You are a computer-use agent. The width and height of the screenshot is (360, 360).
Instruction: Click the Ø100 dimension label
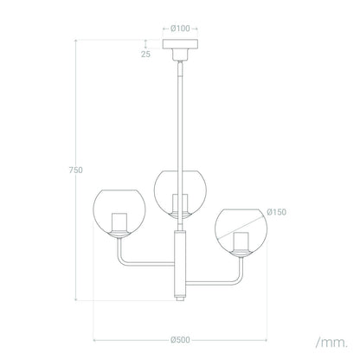tap(180, 29)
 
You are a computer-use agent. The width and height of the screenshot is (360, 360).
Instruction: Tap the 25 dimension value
tap(145, 54)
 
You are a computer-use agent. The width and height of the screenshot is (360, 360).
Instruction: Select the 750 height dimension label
tap(75, 170)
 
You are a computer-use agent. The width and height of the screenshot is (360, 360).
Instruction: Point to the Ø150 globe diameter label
tap(277, 212)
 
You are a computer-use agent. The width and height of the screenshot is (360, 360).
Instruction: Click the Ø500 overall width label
tap(180, 340)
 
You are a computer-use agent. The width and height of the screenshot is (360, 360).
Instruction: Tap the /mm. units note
tap(331, 343)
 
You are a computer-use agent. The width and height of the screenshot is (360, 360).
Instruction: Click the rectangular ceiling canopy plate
tap(180, 44)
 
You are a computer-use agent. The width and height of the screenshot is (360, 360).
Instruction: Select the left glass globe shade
tap(119, 213)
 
